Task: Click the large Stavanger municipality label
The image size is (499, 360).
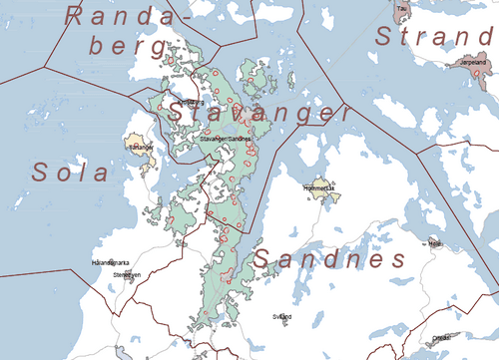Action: (257, 112)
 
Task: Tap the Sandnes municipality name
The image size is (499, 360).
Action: (328, 260)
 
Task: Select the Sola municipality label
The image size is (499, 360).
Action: (69, 172)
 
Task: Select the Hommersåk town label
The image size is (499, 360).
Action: (320, 186)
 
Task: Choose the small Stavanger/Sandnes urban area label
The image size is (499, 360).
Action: (227, 139)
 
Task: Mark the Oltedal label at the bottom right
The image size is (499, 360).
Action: (440, 337)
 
